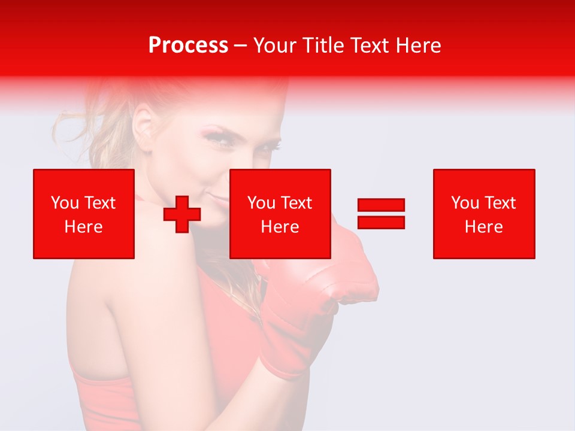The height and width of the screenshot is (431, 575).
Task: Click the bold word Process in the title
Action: pos(188,45)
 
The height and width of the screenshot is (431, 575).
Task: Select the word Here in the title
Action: pos(417,45)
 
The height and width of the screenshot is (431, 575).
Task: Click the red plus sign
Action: pos(182,215)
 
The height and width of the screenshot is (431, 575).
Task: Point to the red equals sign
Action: pos(381,214)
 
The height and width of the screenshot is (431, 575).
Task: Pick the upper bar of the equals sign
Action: pos(381,205)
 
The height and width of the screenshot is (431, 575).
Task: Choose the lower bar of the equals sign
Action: pos(381,222)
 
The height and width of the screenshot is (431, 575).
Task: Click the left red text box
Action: pos(84,214)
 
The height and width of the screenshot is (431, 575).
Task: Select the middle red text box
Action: pos(280,214)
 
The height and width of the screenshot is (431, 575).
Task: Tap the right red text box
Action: pos(483,214)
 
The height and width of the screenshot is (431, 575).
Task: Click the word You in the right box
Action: pos(465,203)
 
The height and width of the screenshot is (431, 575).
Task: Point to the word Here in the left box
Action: pos(84,227)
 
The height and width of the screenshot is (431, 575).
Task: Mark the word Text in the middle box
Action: pos(297,203)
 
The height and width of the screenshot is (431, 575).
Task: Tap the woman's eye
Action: pos(216,137)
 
